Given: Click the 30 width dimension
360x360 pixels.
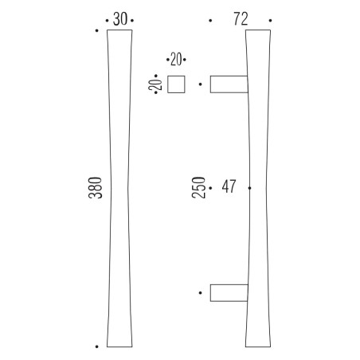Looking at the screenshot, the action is [120, 19].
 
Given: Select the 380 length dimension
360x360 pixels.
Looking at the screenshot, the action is [96, 188].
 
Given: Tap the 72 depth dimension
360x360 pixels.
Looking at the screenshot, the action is [241, 19].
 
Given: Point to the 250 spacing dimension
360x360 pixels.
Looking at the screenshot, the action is [198, 187].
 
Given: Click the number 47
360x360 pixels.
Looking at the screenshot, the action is [229, 186].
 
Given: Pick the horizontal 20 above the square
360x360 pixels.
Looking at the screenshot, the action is [176, 59].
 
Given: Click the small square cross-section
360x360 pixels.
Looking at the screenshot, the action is [176, 84].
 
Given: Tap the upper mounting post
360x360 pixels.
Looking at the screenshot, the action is [229, 84].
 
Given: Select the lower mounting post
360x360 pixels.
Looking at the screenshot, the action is [229, 293].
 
